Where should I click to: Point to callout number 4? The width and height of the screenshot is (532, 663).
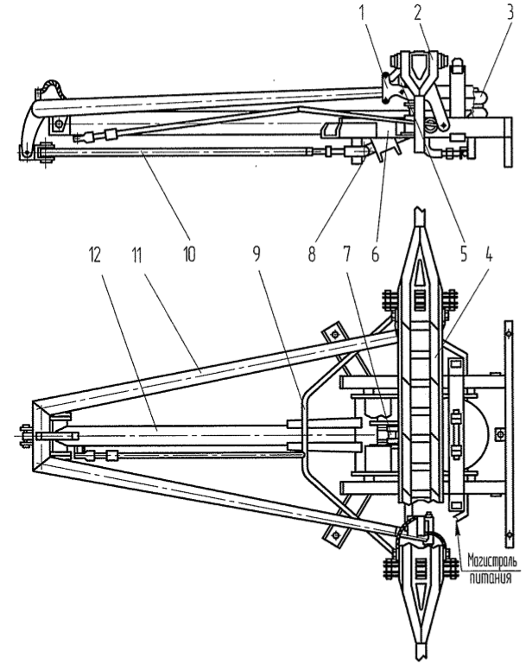[x=465, y=255]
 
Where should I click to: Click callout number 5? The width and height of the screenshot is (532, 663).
[x=438, y=256]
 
